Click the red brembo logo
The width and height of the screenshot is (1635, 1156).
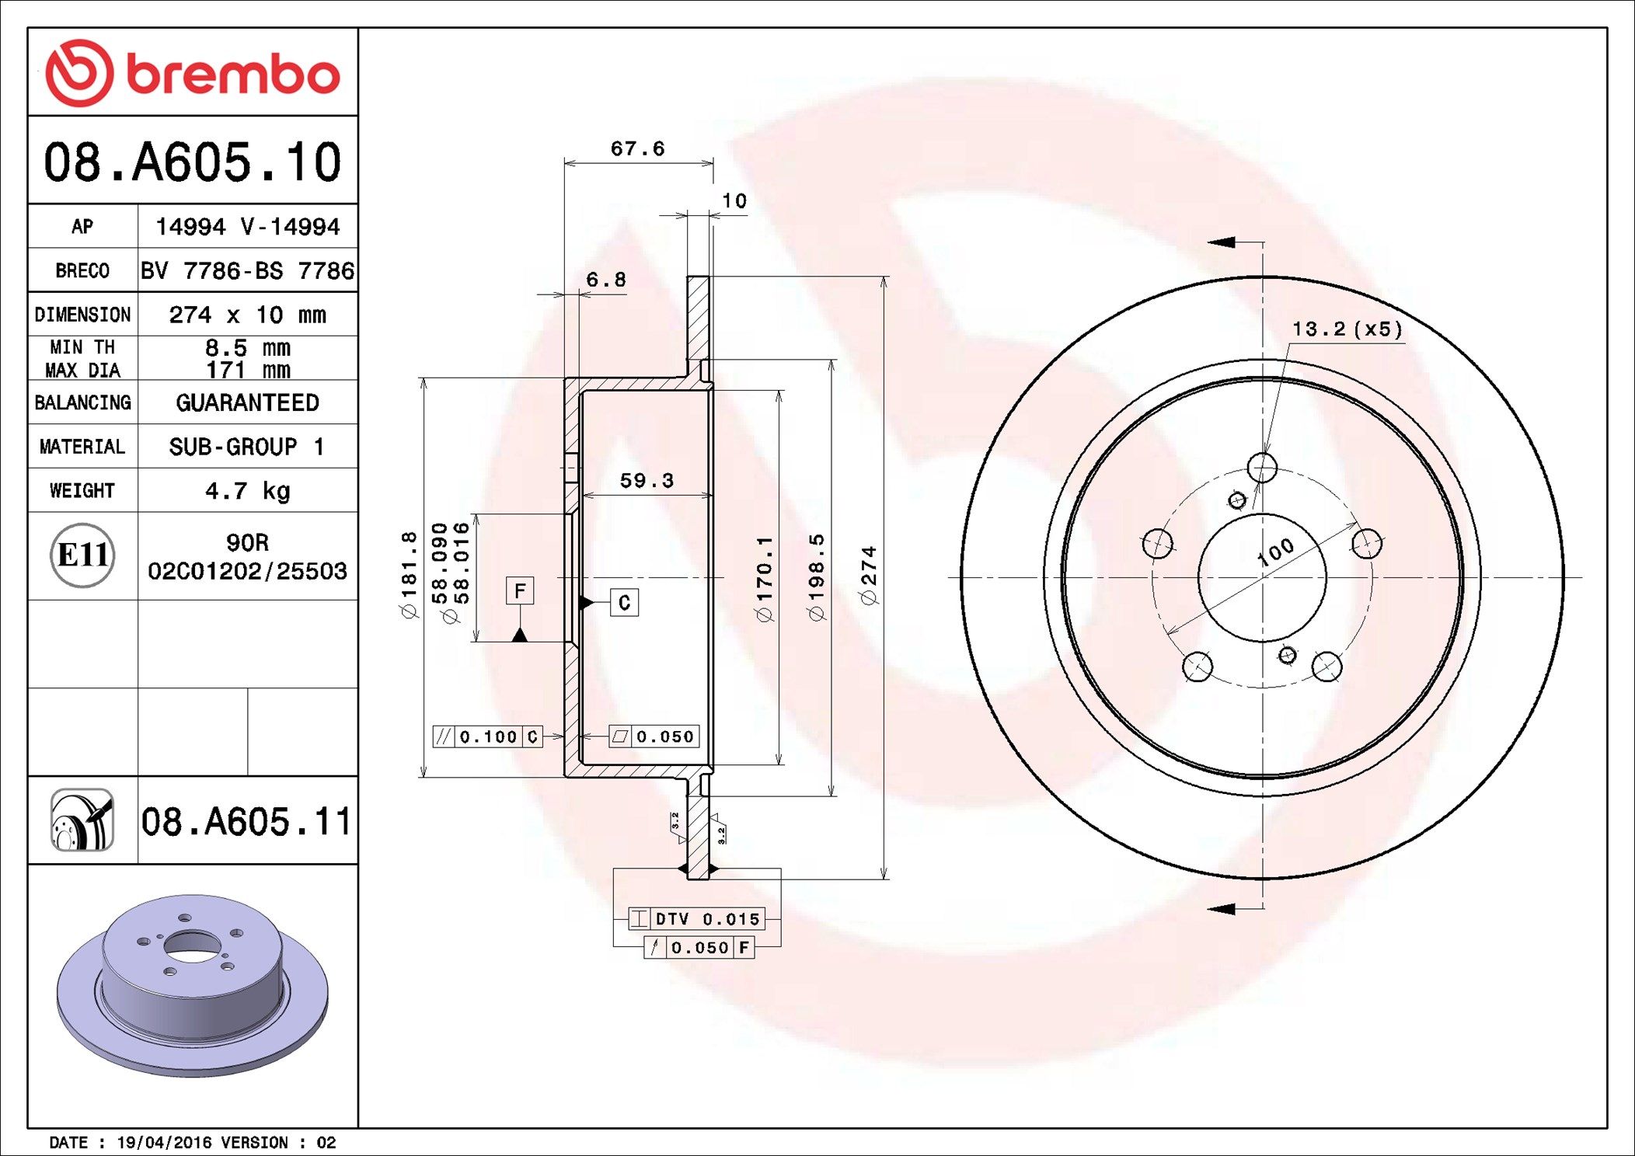[192, 73]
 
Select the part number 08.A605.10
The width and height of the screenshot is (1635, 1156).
[192, 162]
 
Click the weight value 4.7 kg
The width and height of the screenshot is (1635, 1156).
[247, 491]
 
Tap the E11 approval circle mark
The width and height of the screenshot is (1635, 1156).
[82, 555]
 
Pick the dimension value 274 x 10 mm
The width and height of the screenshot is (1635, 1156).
[247, 315]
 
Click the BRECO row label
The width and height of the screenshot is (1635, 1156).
[82, 270]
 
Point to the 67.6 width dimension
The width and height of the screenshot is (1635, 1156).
[637, 148]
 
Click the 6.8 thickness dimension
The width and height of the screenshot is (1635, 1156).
[605, 280]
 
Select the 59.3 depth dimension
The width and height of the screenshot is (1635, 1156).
[646, 481]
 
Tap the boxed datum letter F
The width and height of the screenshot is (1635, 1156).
[520, 590]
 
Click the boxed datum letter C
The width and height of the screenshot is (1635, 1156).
[624, 603]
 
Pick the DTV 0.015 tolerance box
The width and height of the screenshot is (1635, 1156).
[697, 919]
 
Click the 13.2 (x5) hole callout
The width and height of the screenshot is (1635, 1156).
[1347, 329]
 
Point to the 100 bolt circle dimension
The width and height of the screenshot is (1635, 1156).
[1275, 552]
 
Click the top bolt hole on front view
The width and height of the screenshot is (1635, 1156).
[1262, 468]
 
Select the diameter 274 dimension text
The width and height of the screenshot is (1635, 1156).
[868, 575]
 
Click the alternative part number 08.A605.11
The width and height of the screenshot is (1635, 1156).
[246, 821]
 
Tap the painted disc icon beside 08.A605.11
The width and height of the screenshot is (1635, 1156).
[82, 820]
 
